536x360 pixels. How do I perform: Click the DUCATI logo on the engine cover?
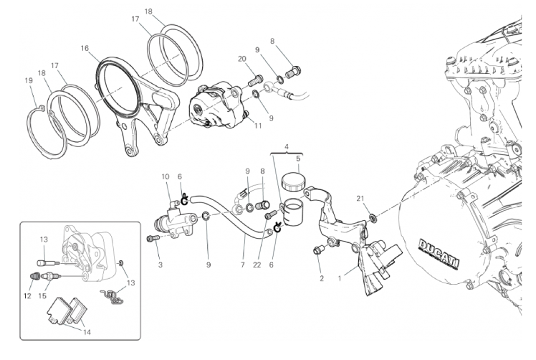(x=439, y=255)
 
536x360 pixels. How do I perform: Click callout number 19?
(x=29, y=81)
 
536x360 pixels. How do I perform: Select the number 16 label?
(x=85, y=48)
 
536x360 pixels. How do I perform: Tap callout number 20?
(x=242, y=59)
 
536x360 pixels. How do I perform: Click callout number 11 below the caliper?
(x=258, y=126)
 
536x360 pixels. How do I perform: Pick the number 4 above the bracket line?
(x=287, y=147)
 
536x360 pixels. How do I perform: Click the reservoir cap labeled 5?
(x=291, y=181)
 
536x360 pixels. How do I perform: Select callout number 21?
(x=360, y=199)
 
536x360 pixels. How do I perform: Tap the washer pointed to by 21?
(x=373, y=217)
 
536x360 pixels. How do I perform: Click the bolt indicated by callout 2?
(x=317, y=251)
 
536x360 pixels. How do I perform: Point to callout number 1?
(x=340, y=278)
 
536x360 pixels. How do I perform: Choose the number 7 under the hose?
(x=243, y=265)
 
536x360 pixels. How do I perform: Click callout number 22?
(x=257, y=265)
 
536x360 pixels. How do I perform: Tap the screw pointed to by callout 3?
(x=153, y=238)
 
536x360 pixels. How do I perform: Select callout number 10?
(x=166, y=177)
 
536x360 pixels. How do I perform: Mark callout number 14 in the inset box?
(x=87, y=332)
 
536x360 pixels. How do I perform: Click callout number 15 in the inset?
(x=42, y=295)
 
